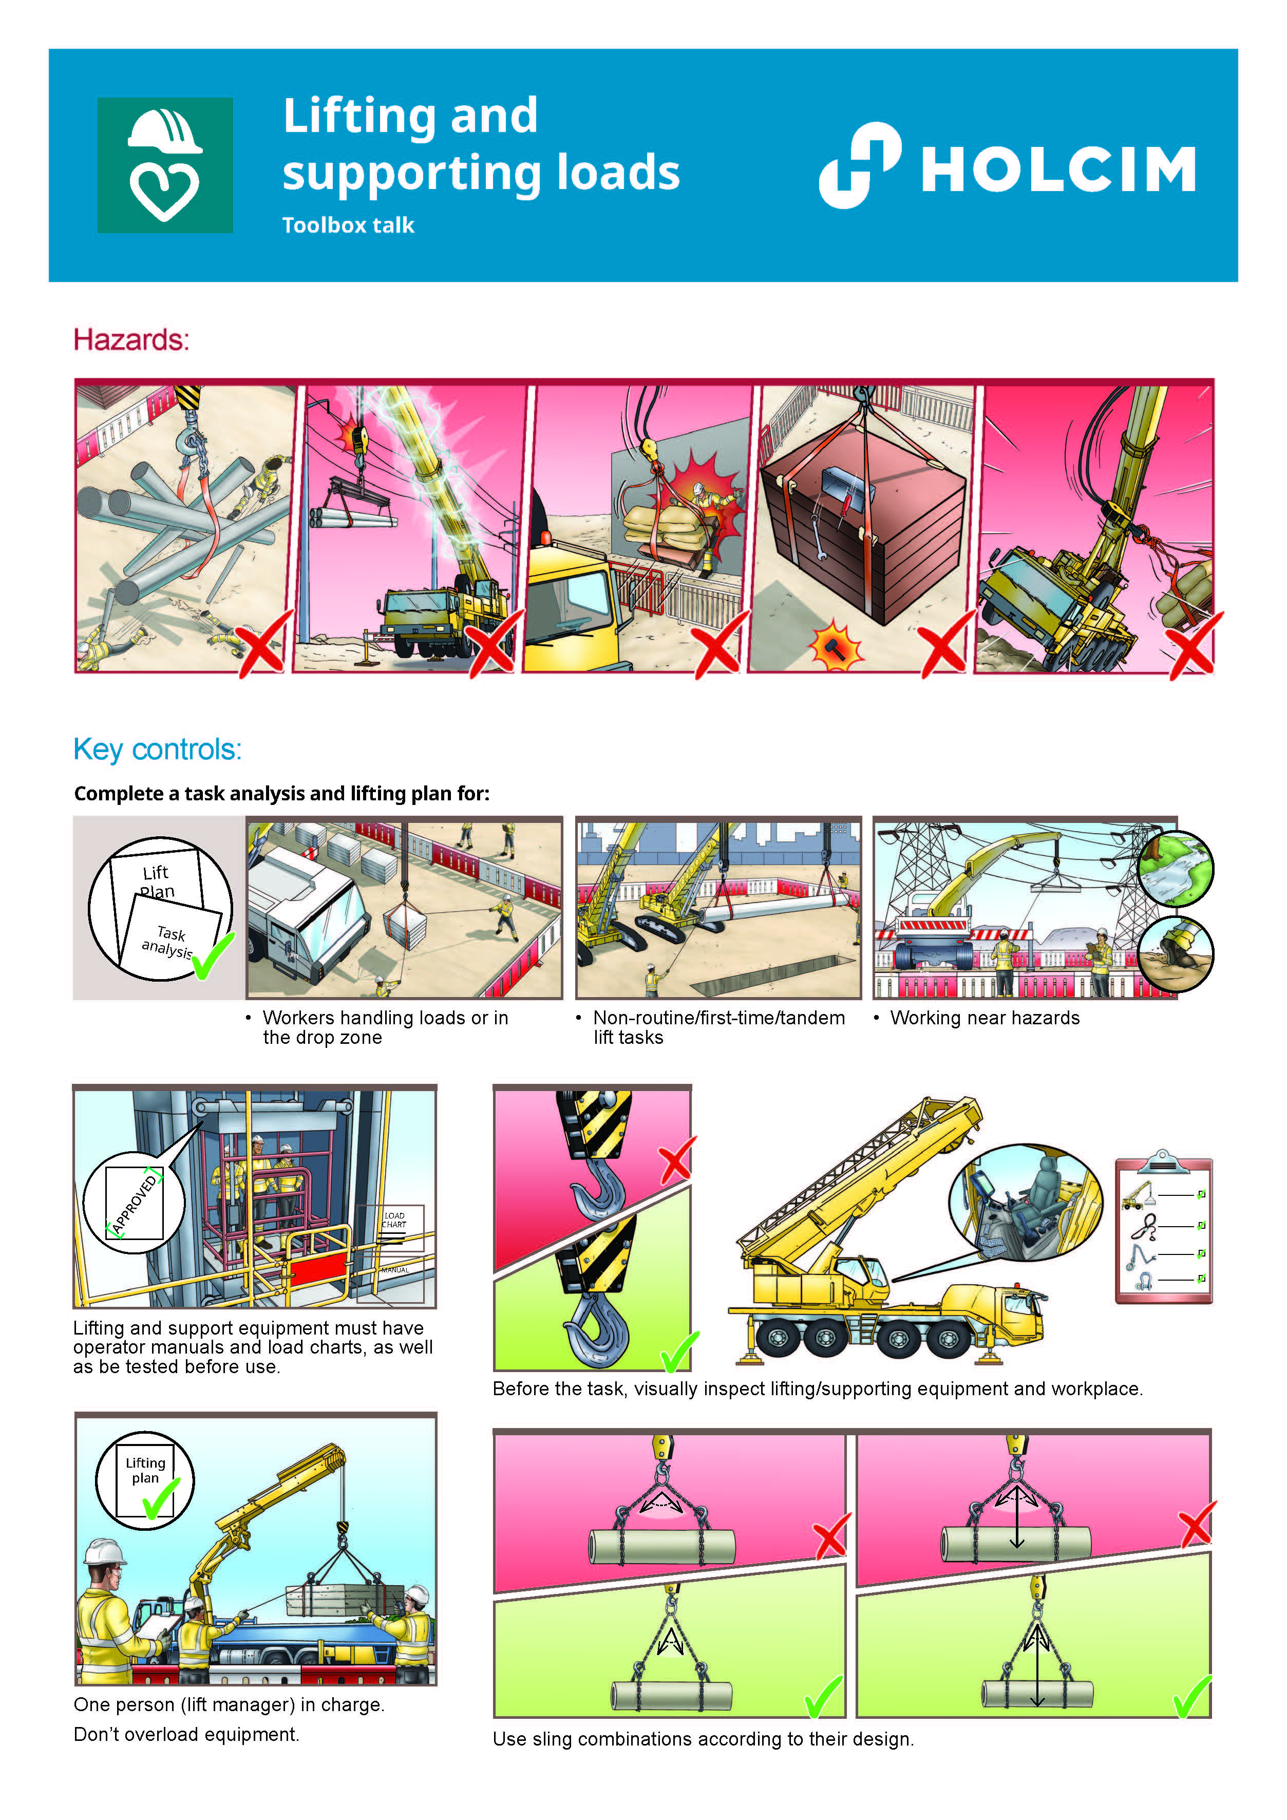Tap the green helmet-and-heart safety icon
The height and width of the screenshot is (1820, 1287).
(165, 165)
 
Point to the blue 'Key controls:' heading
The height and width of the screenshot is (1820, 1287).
(158, 749)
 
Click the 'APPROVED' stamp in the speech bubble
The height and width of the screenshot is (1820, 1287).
(135, 1203)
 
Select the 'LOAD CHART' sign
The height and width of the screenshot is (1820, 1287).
(394, 1220)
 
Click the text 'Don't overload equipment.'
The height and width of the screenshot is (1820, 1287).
(186, 1734)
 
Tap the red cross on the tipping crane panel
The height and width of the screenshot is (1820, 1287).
(1193, 644)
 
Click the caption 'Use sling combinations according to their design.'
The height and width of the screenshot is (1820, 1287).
(703, 1739)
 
